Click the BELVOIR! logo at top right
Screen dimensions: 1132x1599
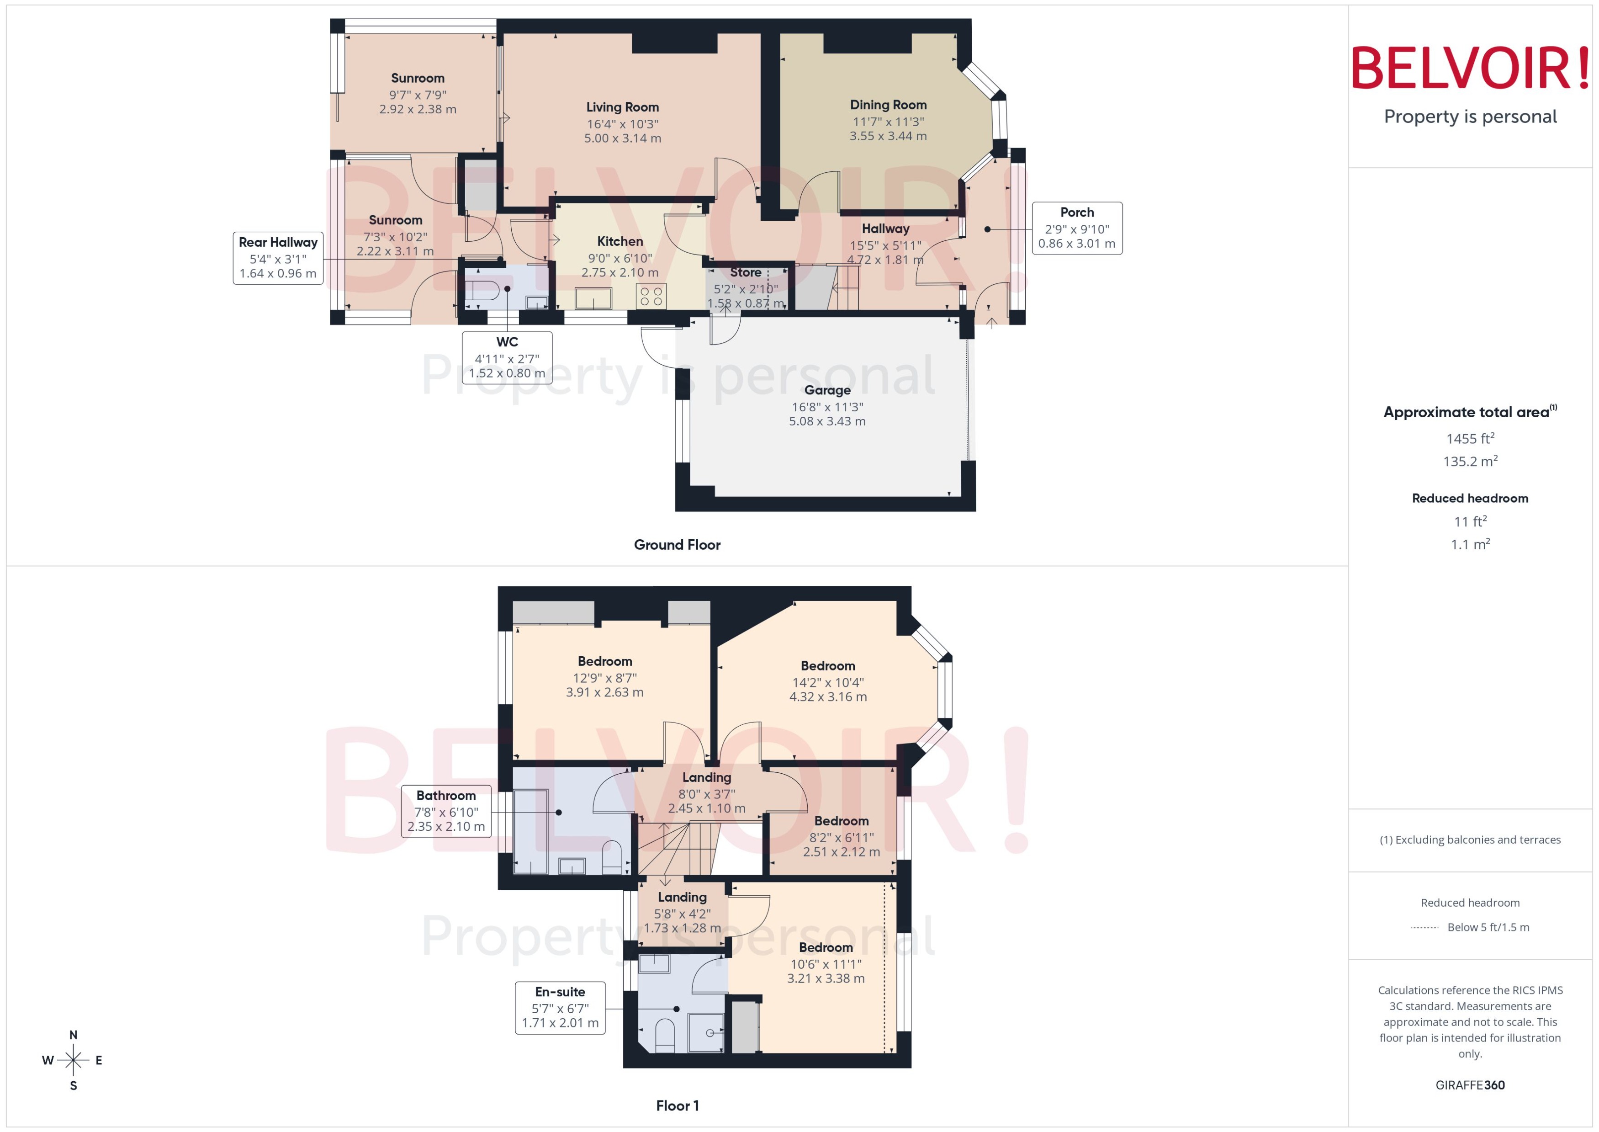pyautogui.click(x=1470, y=68)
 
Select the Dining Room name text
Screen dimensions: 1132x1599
pyautogui.click(x=888, y=105)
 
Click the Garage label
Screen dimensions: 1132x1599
pyautogui.click(x=827, y=390)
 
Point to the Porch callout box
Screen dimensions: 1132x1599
pyautogui.click(x=1076, y=228)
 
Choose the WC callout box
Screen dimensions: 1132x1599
pyautogui.click(x=507, y=357)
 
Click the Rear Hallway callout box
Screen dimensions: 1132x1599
pyautogui.click(x=278, y=258)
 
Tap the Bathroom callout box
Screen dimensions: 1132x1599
pyautogui.click(x=446, y=811)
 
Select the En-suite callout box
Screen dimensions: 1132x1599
pyautogui.click(x=560, y=1008)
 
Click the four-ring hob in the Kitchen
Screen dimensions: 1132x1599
pyautogui.click(x=651, y=296)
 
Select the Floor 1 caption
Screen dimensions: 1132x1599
pyautogui.click(x=677, y=1105)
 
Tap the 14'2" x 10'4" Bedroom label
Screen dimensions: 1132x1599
pyautogui.click(x=828, y=666)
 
